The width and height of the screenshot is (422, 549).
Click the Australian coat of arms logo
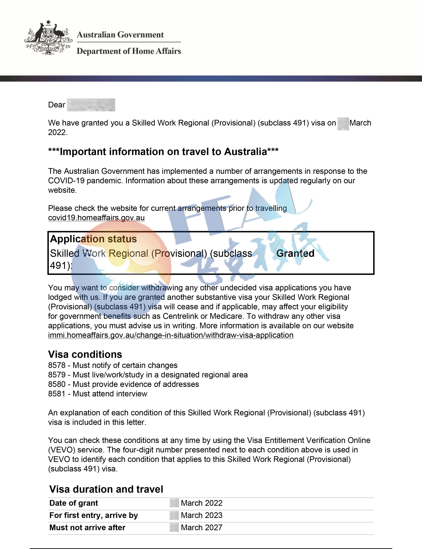coord(48,38)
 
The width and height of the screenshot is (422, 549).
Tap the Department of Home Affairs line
coord(129,51)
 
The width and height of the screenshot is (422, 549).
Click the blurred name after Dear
coord(91,105)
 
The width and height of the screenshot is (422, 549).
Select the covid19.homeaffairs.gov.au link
coord(96,218)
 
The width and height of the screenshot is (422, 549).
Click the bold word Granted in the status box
coord(295,253)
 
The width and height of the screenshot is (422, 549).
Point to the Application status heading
coord(93,239)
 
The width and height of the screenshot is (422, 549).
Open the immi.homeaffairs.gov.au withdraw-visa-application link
coord(171,335)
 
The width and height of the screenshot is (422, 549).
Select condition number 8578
coord(57,365)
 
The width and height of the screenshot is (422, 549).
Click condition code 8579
coord(57,375)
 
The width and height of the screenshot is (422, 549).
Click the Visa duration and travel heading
coord(106,489)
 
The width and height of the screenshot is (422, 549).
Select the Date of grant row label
coord(74,503)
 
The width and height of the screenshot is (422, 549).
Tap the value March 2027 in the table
coord(201,527)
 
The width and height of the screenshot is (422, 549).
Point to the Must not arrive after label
coord(87,527)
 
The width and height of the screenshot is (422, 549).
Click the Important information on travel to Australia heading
coord(163,152)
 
